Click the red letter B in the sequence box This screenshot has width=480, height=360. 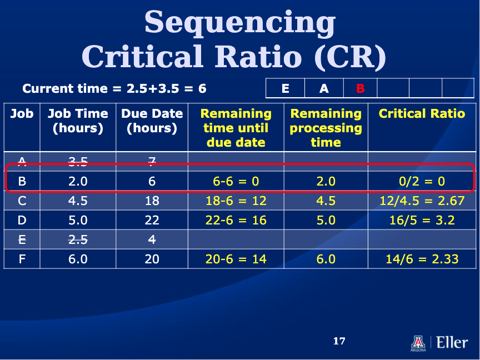361,88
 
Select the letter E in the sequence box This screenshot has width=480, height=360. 286,88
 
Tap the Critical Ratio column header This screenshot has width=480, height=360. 422,113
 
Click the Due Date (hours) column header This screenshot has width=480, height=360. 152,121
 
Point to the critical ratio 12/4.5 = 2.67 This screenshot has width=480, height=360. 422,201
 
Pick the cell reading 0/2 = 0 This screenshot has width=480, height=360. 422,181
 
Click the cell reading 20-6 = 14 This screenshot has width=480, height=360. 236,259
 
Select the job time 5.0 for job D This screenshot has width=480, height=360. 78,220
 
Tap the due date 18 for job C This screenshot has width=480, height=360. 152,201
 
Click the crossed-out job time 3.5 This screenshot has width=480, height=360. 78,161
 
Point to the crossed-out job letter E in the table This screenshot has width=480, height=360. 22,239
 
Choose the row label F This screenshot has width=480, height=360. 22,259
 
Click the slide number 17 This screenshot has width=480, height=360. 339,341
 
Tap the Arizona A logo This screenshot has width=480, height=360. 418,343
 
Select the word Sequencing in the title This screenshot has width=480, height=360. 240,22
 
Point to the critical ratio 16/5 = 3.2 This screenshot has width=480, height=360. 422,220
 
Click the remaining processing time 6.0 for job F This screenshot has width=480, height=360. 326,259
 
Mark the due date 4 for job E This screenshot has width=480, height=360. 152,239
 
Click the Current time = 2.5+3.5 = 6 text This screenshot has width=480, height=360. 114,88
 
